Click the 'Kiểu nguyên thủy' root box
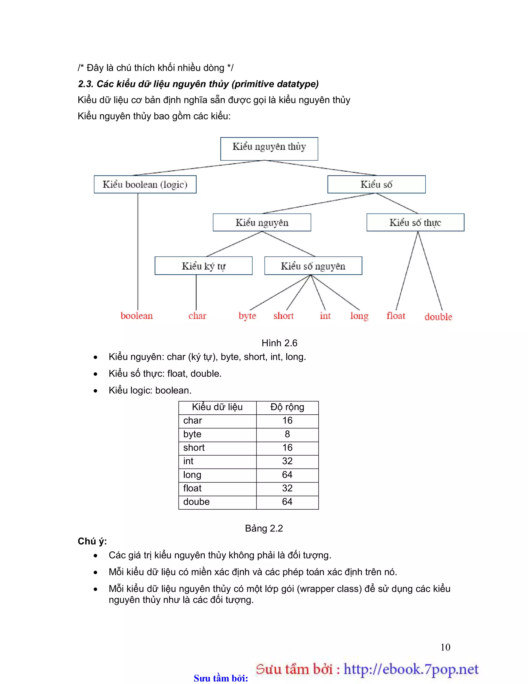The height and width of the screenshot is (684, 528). pos(269,149)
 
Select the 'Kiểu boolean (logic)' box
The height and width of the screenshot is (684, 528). pos(145,184)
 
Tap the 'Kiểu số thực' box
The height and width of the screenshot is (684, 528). pos(415,222)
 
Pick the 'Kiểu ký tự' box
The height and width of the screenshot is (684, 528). pos(203,266)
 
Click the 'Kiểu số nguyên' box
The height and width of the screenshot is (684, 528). pos(313,266)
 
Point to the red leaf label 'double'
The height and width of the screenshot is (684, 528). pos(438,317)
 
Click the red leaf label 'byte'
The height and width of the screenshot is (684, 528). pos(247,316)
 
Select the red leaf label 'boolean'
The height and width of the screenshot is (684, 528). pos(137,316)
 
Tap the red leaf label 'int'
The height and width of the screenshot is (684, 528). pos(325,316)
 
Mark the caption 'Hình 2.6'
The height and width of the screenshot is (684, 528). pos(279,343)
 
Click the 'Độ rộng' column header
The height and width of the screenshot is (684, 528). pos(287,407)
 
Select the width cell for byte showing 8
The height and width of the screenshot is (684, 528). pos(287,434)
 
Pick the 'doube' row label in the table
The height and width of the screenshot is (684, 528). pos(196,502)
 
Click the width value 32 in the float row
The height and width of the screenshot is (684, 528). pos(287,488)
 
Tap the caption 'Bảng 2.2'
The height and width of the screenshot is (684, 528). pos(264,528)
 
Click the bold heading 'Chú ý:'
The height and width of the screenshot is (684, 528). pos(92,541)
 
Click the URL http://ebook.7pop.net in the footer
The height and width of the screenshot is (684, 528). pos(411,670)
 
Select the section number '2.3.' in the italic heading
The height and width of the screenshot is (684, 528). pos(85,84)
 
